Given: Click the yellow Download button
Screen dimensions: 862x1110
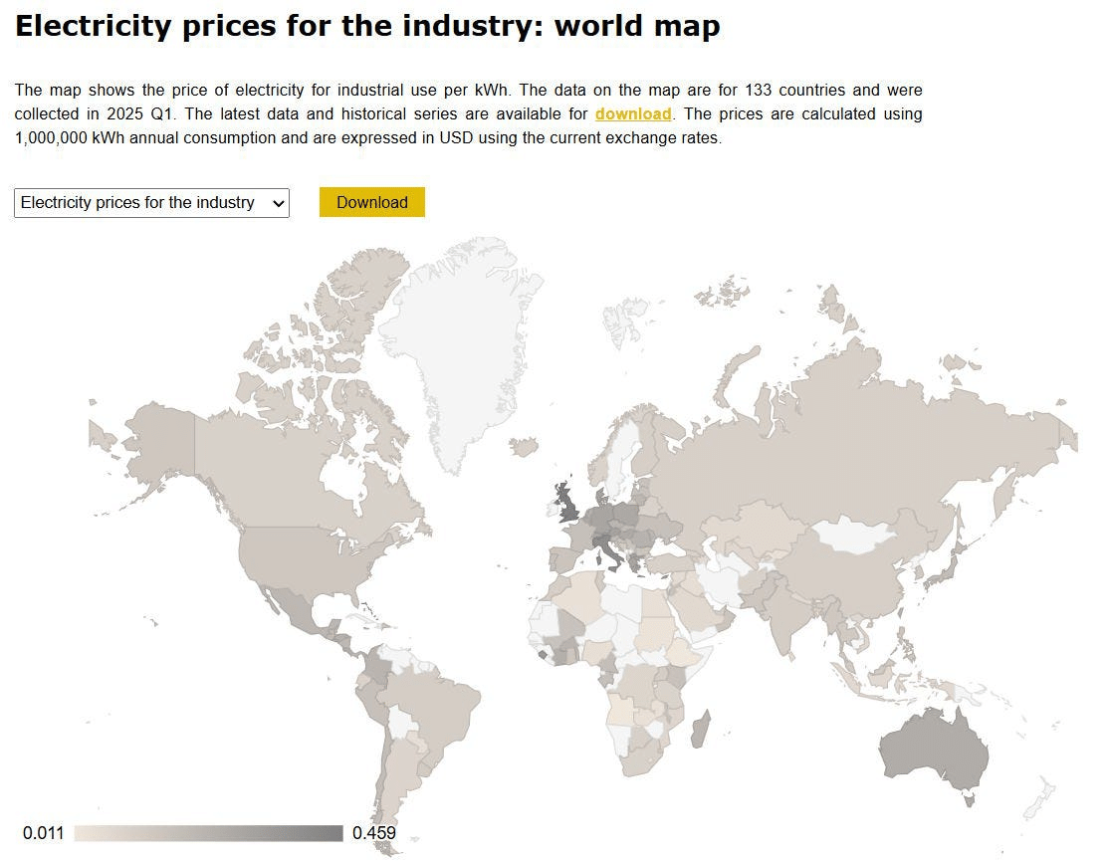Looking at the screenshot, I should pos(371,202).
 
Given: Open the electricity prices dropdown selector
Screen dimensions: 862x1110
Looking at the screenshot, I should pos(151,203).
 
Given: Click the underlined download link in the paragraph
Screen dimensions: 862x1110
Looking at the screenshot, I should pos(633,114).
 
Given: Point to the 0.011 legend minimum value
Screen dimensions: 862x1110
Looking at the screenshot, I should pos(43,833).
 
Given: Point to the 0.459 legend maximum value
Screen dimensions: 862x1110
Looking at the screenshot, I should pos(374,833).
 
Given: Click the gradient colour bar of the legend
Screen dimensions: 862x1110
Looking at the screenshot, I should pos(208,833).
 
